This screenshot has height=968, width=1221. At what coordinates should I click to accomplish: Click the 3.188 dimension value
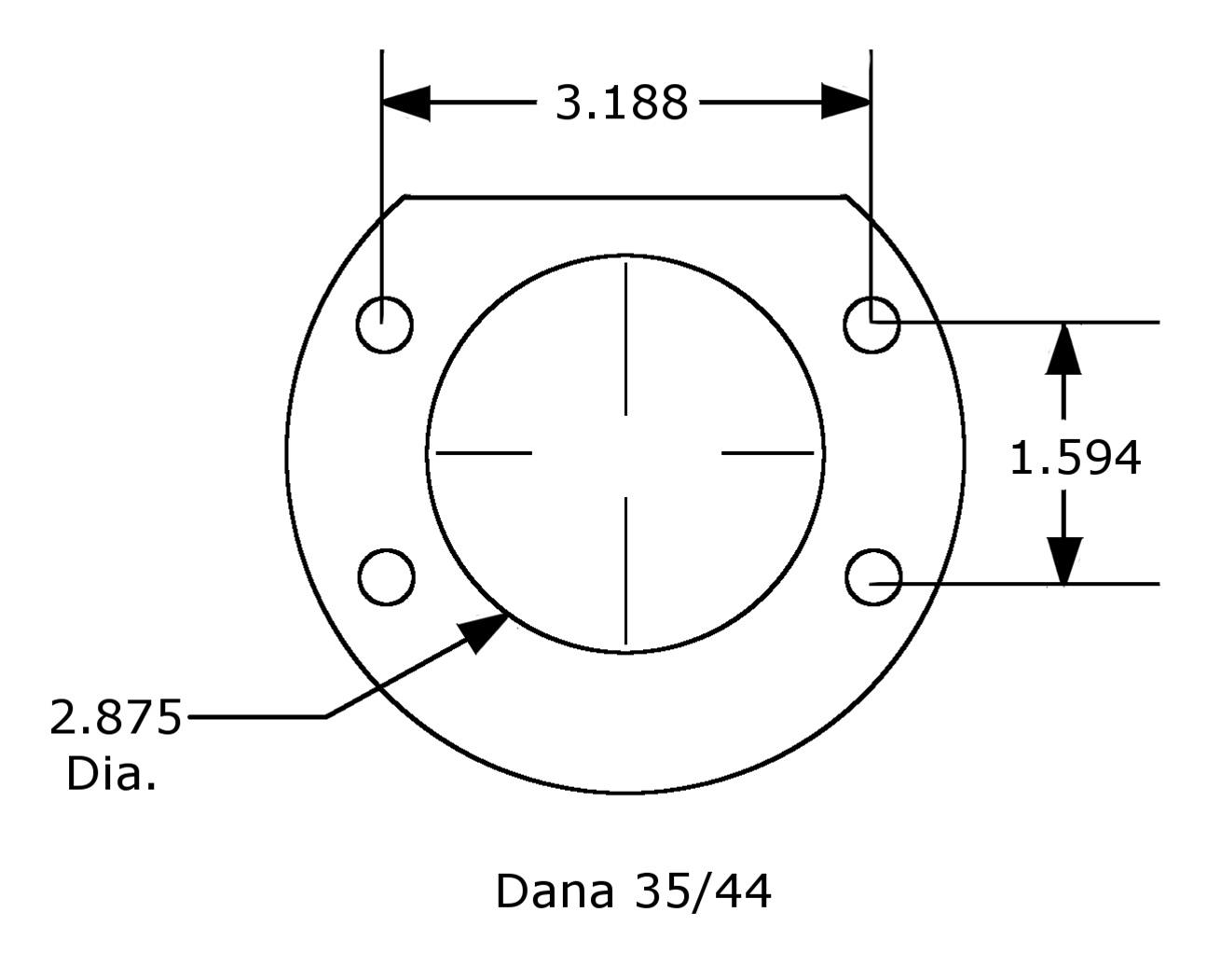point(622,103)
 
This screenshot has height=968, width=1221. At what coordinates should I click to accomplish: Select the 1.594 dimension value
point(1075,458)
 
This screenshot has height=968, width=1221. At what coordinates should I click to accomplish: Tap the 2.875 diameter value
point(116,717)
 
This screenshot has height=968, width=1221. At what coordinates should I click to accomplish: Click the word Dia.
point(111,774)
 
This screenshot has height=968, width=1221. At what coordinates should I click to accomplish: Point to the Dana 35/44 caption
point(633,891)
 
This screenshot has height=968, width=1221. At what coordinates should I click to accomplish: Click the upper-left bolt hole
point(384,325)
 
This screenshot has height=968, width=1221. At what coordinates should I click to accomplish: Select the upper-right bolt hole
point(871,325)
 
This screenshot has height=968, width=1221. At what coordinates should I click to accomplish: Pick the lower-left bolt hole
point(386,577)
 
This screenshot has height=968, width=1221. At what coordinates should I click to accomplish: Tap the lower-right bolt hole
point(873,577)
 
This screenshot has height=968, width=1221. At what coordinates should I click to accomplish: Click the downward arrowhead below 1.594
point(1063,560)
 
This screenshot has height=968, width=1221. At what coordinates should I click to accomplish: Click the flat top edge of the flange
point(624,197)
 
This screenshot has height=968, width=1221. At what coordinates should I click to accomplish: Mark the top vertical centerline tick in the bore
point(625,339)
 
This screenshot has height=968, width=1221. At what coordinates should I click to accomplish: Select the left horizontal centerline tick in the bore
point(483,453)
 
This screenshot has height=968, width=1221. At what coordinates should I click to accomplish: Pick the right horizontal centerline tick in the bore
point(768,453)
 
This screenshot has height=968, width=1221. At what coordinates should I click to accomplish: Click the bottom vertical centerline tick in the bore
point(625,571)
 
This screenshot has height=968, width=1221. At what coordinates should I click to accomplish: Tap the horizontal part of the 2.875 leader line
point(256,717)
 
